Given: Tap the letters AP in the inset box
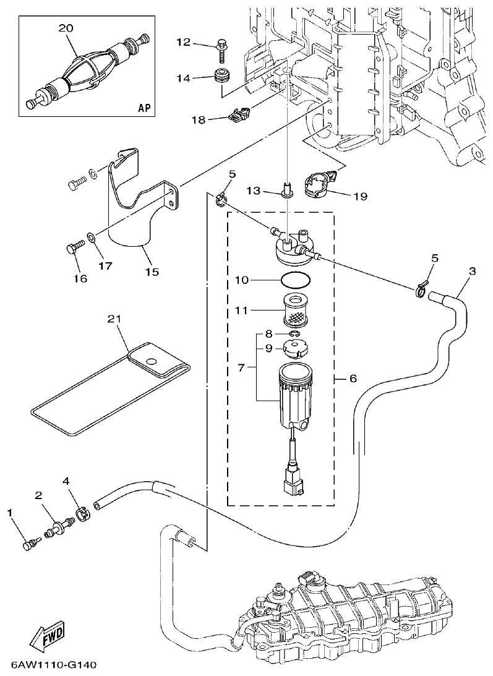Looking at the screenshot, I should point(144,108).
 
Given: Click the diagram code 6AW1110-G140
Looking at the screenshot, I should point(53,665).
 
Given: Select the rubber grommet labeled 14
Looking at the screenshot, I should point(221,79).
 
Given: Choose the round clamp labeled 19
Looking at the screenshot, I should point(320,184).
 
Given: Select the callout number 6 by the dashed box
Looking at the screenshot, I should point(353,379).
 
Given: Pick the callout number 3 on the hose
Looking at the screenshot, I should point(473,272).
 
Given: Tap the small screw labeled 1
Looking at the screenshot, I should point(30,544).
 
